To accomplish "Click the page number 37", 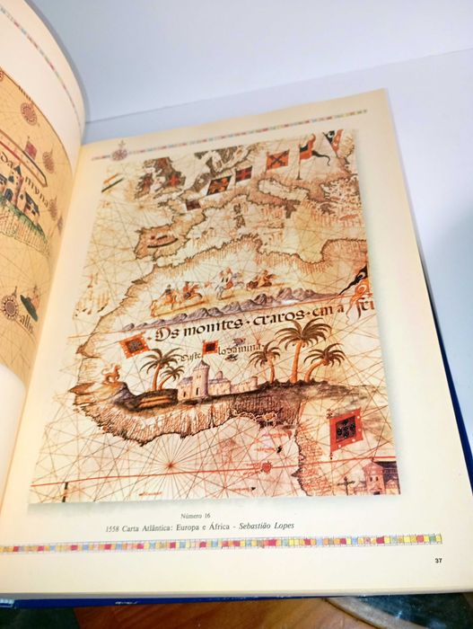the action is pos(438,562).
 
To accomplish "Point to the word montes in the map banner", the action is pos(219,333).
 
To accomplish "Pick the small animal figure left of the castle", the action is pos(112,372).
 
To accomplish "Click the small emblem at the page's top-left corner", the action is pos(119,153).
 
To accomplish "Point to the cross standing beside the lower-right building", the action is pos(346,484).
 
